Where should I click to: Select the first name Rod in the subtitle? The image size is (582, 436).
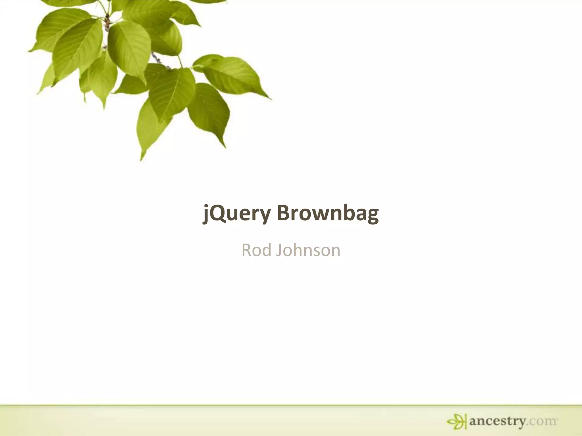256,250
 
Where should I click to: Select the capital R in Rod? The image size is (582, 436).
246,250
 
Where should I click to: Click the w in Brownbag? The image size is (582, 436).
322,214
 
